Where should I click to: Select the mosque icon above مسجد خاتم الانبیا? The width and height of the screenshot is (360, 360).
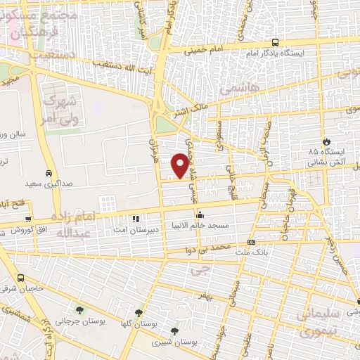pos(200,215)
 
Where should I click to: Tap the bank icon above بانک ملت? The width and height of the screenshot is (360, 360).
pos(251,243)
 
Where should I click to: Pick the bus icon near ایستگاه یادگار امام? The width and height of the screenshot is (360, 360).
pos(275,42)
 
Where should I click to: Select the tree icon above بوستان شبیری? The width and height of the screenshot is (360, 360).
pos(174,330)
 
